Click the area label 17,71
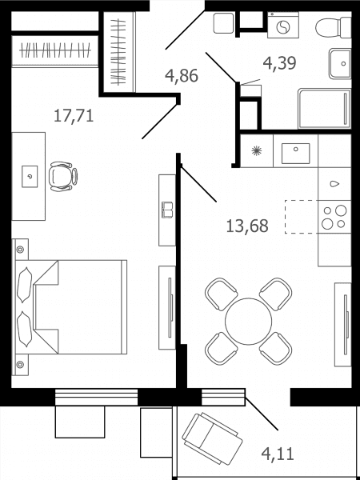[74, 116]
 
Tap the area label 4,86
[182, 76]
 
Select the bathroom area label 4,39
[279, 63]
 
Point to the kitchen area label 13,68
[247, 226]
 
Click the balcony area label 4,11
[278, 454]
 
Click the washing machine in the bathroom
[283, 25]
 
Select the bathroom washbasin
[340, 64]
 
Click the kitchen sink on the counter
[295, 154]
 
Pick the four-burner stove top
[334, 217]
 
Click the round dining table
[248, 322]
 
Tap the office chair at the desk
[63, 177]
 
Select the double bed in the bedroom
[71, 307]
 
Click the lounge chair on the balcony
[212, 438]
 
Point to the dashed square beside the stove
[302, 217]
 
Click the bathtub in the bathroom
[325, 108]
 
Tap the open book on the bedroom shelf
[167, 210]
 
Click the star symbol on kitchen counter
[256, 151]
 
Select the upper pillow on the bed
[24, 285]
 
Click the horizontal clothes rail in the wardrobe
[55, 50]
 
